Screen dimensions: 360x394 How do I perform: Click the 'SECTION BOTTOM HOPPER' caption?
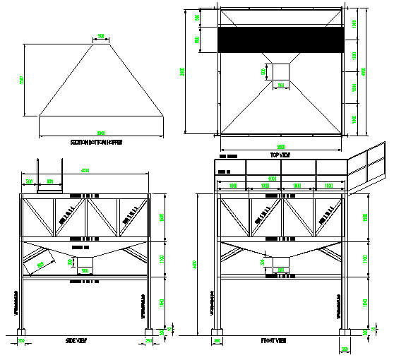click(96, 142)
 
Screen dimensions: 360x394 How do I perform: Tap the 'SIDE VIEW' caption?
click(76, 340)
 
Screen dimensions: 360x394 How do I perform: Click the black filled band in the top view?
click(280, 40)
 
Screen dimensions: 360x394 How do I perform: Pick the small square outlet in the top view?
click(280, 71)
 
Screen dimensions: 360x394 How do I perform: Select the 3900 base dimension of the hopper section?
click(101, 133)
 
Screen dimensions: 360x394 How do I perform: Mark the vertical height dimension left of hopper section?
click(21, 78)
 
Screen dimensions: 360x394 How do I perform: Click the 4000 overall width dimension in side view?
click(85, 171)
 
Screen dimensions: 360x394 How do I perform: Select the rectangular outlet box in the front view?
click(280, 263)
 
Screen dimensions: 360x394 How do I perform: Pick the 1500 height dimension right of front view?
click(365, 219)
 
